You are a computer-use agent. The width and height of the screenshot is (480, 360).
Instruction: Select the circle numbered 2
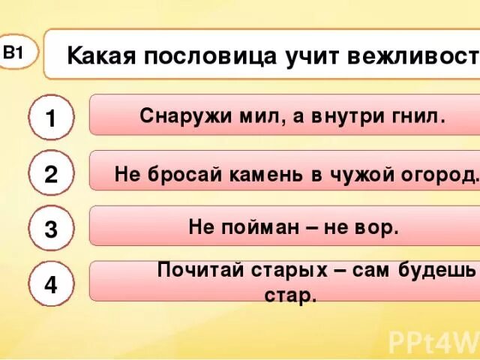(50, 174)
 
